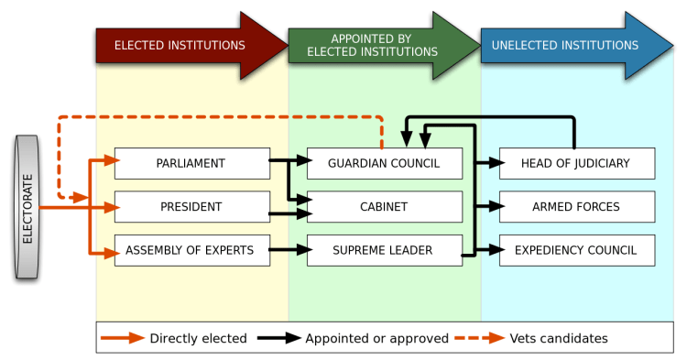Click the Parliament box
192,163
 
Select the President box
192,206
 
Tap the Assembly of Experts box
192,249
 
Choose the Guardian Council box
385,163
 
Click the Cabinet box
385,206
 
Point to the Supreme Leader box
385,249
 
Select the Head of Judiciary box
577,163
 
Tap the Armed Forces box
577,206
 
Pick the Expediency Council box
577,249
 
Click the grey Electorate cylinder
27,206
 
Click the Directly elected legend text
198,338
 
